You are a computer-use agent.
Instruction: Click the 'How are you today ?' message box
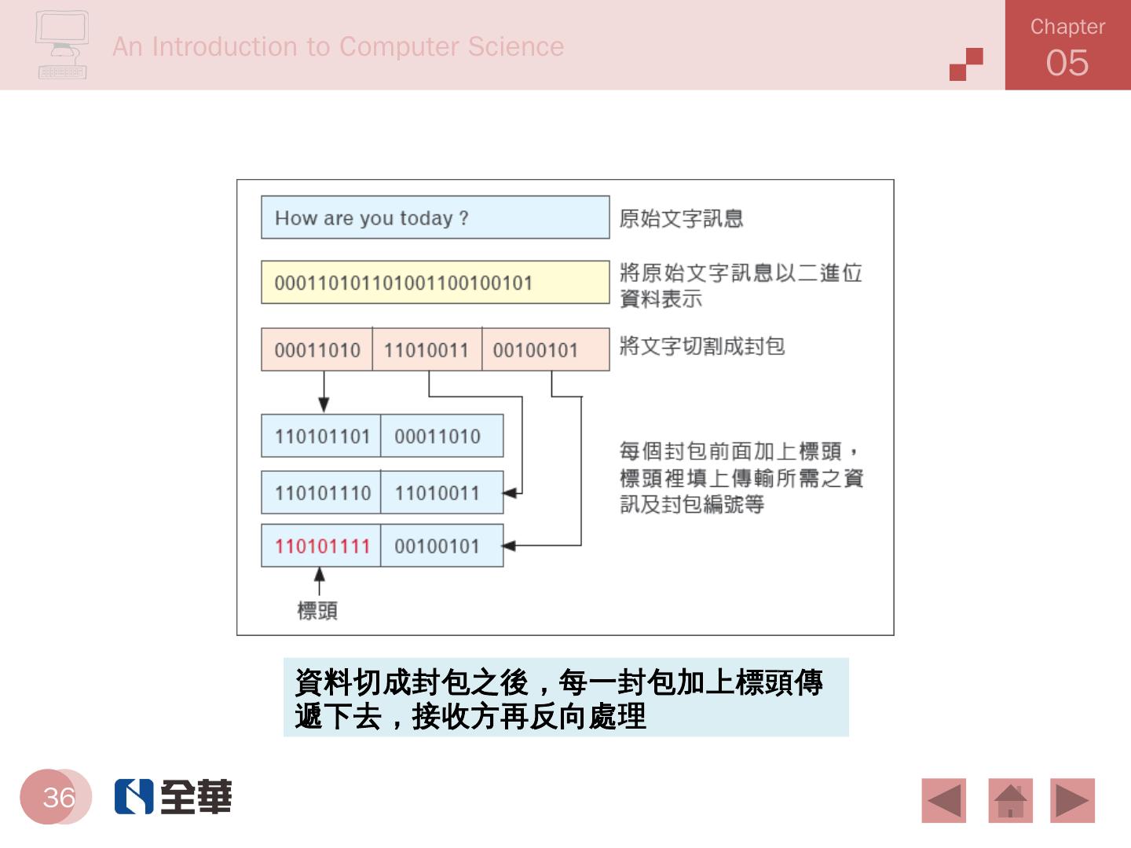click(434, 217)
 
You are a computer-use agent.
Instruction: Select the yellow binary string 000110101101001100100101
click(434, 283)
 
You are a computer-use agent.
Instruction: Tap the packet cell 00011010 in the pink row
click(317, 349)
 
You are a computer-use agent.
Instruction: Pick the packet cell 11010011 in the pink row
click(426, 349)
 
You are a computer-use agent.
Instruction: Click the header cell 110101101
click(321, 436)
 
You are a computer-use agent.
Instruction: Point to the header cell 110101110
click(321, 493)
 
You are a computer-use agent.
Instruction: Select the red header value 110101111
click(321, 546)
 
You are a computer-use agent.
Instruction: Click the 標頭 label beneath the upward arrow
click(317, 611)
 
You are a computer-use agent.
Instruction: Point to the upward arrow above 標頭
click(319, 581)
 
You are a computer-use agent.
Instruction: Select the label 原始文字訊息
click(681, 218)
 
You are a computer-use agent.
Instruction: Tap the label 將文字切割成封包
click(702, 346)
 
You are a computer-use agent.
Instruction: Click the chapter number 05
click(1067, 63)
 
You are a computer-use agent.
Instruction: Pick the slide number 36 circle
click(57, 797)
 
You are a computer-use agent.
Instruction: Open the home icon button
click(1010, 801)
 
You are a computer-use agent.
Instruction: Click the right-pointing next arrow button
click(1072, 801)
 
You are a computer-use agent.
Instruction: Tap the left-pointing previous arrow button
click(944, 801)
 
